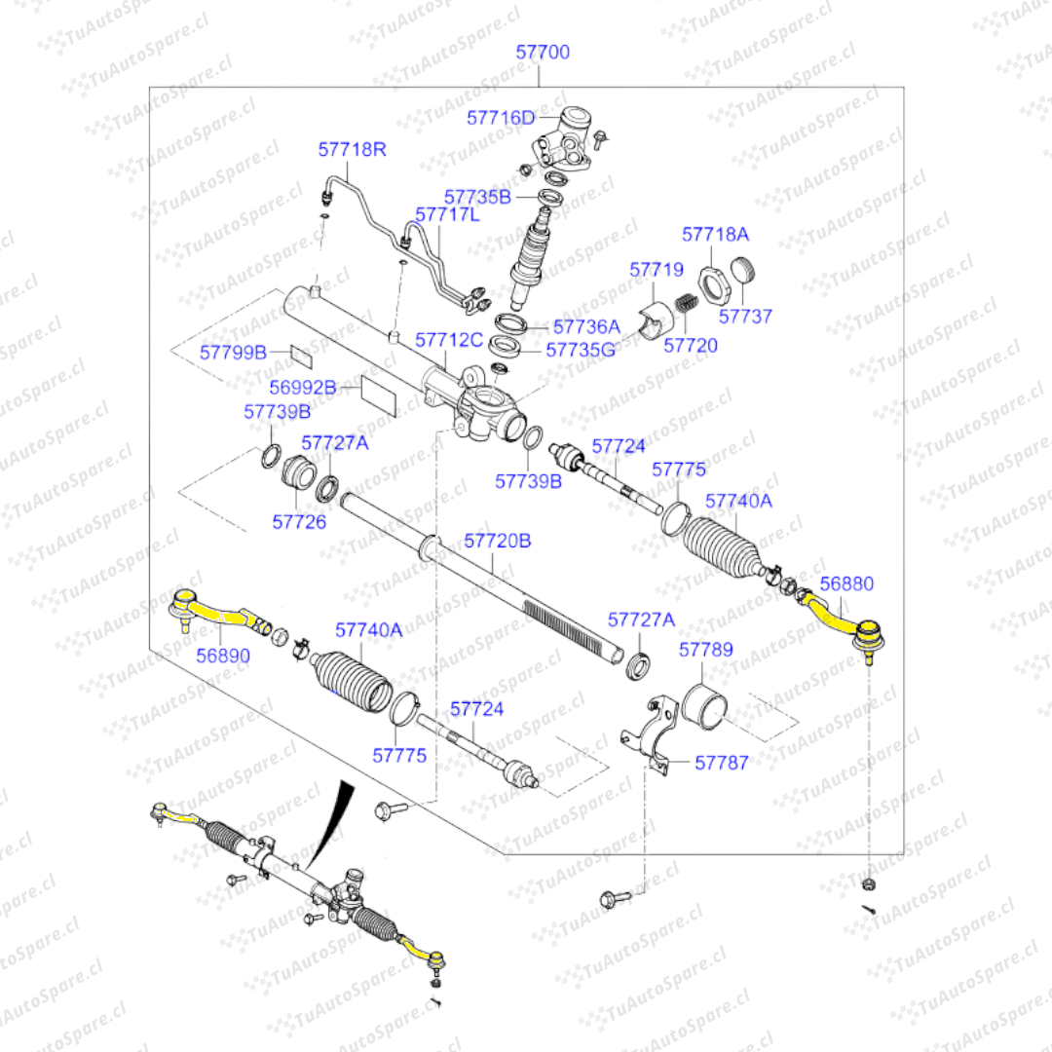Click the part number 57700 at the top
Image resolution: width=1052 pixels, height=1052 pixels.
pos(543,52)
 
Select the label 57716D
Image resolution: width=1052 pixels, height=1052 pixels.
pos(501,118)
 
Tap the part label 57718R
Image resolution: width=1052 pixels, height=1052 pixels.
pos(353,150)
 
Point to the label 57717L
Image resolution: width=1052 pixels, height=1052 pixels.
pos(447,214)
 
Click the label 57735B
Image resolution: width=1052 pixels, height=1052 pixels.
pos(477,197)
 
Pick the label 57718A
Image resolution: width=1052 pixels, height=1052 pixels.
pos(716,235)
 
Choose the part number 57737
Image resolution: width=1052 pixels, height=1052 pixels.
pos(745,316)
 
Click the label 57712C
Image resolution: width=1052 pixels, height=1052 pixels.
pos(449,340)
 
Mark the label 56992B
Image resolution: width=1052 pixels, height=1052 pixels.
pos(303,388)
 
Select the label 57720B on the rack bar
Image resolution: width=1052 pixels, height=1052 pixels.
pos(497,540)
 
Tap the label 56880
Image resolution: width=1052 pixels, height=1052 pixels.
pos(846,584)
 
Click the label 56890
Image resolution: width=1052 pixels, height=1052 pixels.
pos(223,656)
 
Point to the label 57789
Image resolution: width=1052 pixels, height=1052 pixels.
pos(706,650)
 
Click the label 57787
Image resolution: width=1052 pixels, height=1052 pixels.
pos(722,763)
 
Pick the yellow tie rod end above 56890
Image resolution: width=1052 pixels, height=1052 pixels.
pos(214,610)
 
